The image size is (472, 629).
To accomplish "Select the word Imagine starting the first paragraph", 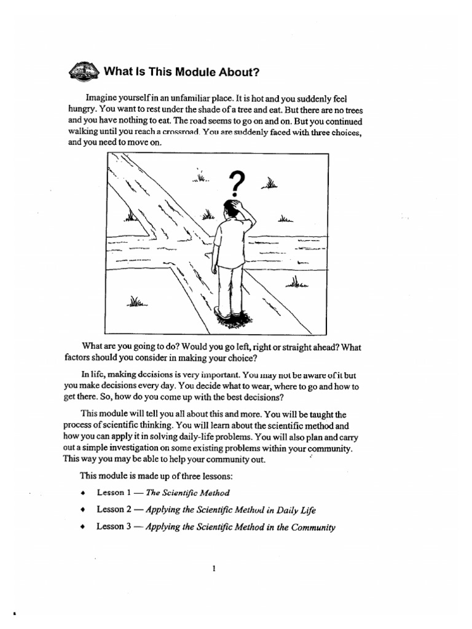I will [104, 98].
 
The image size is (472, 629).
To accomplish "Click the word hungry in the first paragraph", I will [79, 109].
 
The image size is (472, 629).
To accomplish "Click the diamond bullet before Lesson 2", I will [82, 510].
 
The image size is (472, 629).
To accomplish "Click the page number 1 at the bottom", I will [213, 568].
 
